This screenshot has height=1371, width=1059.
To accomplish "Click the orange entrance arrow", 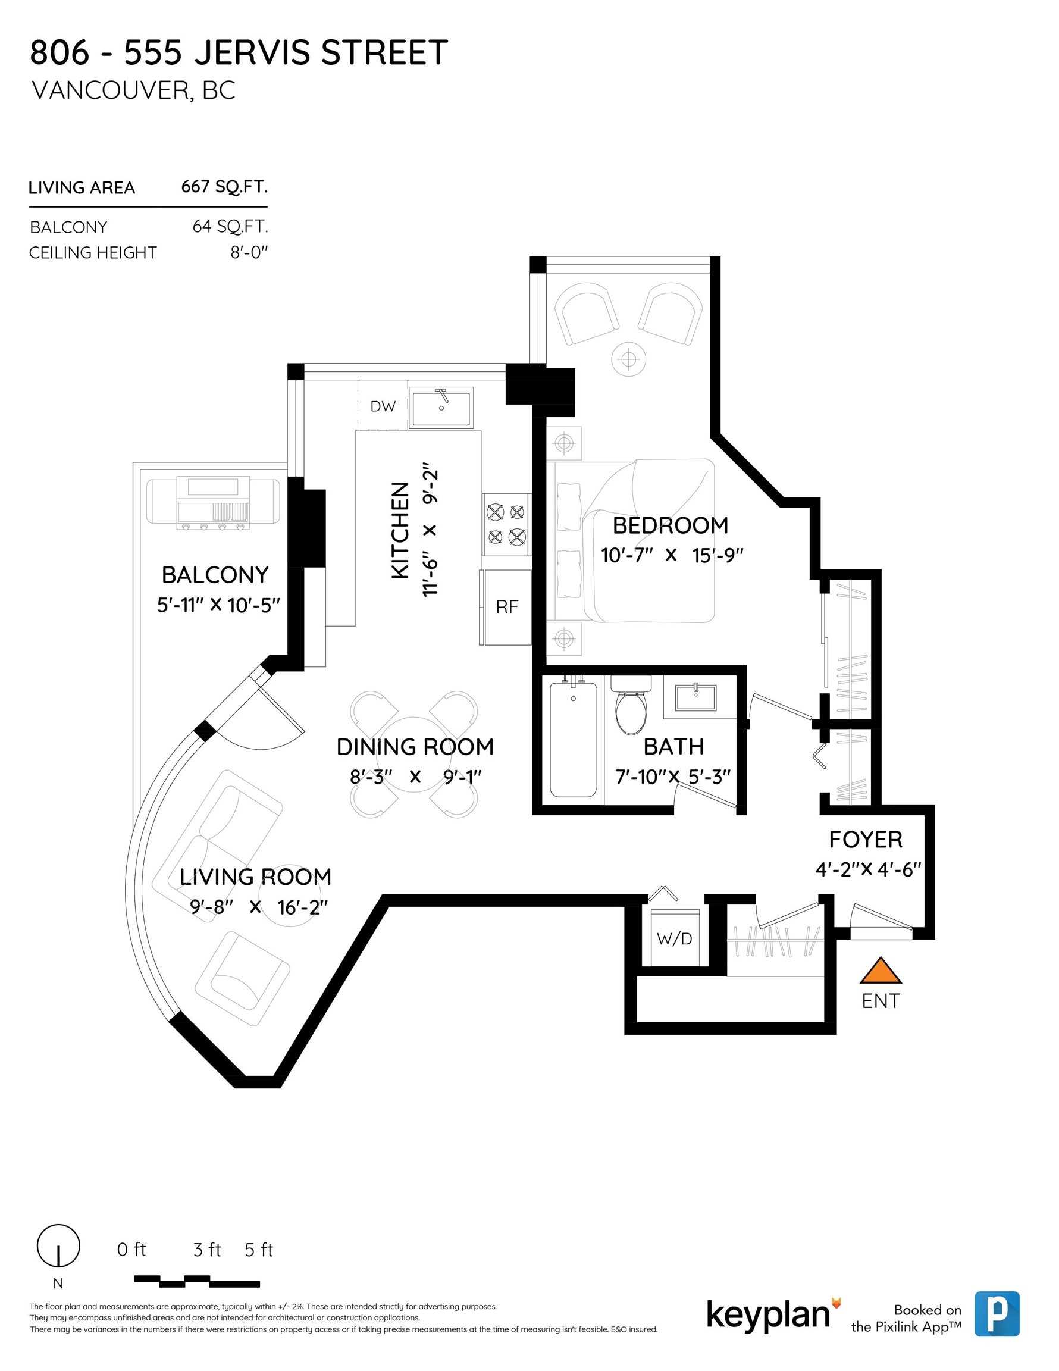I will click(880, 971).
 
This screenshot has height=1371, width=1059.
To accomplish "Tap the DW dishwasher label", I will click(383, 406).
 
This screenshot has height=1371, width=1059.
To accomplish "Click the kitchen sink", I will click(441, 408).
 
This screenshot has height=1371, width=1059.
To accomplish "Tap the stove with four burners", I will click(506, 524).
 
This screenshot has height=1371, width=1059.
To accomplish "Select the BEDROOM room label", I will click(671, 525).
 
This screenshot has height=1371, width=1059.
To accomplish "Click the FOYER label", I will click(866, 839).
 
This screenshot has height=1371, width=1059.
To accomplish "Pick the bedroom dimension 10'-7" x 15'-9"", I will click(672, 556).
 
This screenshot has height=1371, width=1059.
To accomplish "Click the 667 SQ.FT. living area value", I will click(224, 186).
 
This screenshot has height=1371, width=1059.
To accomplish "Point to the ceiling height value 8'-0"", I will click(249, 252).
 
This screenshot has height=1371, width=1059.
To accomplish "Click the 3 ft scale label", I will click(207, 1250).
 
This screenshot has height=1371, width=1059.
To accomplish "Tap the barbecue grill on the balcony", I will click(213, 502).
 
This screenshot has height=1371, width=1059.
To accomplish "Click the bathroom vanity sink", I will click(695, 697).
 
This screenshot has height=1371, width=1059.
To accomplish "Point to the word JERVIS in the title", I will click(253, 52).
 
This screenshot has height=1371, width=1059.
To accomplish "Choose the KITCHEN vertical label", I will click(400, 530).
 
